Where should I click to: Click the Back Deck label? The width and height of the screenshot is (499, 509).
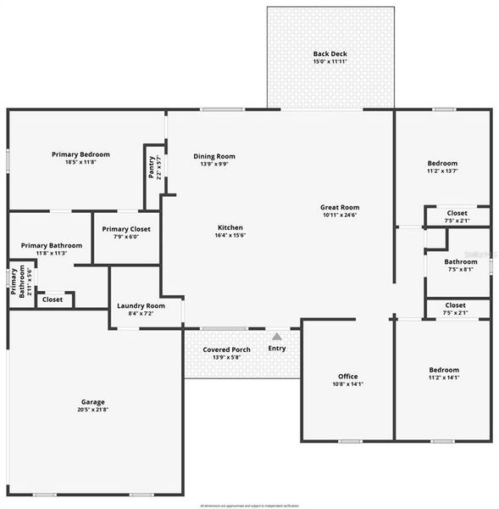[x=330, y=53]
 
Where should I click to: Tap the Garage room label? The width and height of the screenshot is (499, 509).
[x=93, y=401]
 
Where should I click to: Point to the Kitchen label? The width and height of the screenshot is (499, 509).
[x=230, y=227]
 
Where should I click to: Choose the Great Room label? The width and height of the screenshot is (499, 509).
[x=340, y=207]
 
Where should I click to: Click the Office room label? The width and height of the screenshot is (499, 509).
[x=348, y=376]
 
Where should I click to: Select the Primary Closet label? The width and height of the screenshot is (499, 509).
[x=126, y=228]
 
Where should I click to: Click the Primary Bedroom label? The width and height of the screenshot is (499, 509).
[x=80, y=154]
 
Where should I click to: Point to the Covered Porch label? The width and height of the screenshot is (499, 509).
[x=226, y=350]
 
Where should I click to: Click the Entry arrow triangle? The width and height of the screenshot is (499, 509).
[x=276, y=337]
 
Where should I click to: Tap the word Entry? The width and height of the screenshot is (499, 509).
[x=277, y=348]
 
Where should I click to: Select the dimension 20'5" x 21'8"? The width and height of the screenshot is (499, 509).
[x=93, y=410]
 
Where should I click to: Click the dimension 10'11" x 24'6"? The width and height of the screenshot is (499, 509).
[x=340, y=215]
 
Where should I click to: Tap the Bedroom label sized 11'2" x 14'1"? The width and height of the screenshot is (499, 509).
[x=443, y=370]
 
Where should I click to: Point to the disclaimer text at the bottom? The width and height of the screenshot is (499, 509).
[x=249, y=505]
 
